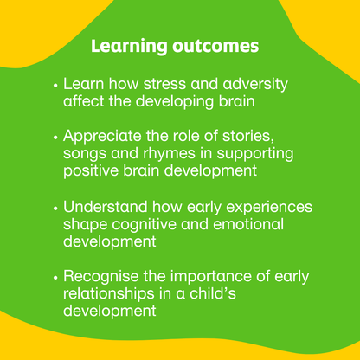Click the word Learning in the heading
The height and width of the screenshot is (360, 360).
[x=122, y=45]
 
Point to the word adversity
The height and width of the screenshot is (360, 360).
[x=250, y=85]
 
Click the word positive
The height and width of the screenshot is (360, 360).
[x=92, y=171]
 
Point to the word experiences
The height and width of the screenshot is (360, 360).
[x=264, y=209]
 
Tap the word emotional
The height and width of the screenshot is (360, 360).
[x=250, y=226]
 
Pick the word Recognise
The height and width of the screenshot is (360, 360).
[x=106, y=279]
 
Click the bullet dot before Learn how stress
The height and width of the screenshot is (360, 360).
[x=56, y=87]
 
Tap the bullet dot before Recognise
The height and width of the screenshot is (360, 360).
[x=56, y=280]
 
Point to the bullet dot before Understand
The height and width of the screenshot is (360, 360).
[x=56, y=209]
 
